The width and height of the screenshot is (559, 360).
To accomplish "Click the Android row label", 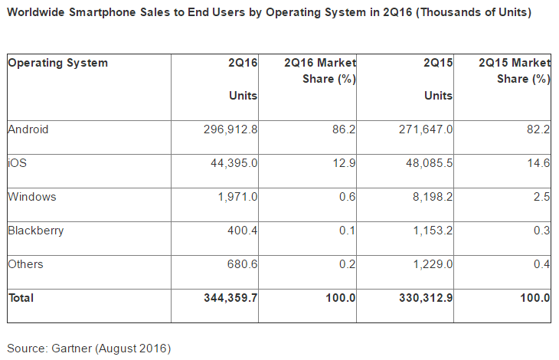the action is tap(28, 129).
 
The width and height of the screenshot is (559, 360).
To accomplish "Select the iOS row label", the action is tap(17, 163).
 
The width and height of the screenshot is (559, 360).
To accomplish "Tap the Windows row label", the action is tap(32, 197).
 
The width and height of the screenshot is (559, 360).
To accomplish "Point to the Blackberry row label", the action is tap(36, 231).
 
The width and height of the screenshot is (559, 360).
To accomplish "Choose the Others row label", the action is tap(26, 264).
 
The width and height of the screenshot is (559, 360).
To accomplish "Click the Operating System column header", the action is tap(57, 63).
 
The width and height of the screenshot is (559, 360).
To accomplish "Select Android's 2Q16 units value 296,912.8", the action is tap(230, 129).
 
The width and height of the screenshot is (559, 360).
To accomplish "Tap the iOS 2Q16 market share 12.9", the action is tap(344, 163).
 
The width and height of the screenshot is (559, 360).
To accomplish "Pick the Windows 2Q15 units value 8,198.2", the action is tap(433, 197).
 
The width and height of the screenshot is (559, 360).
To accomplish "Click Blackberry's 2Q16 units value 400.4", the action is tap(243, 231).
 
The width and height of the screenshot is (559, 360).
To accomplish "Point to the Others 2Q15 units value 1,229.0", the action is tap(433, 264).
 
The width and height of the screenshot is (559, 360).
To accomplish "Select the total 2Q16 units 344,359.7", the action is tap(230, 298).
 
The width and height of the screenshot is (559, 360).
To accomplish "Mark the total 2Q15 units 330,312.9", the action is tap(426, 298).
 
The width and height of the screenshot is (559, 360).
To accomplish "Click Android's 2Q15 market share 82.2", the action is tap(538, 129).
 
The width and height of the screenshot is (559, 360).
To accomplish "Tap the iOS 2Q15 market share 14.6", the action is tap(538, 163).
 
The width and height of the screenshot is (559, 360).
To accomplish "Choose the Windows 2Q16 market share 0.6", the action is tap(347, 197).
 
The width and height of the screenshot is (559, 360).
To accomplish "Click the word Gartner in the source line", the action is tap(71, 348).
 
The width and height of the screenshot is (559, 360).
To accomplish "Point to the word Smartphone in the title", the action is tap(103, 12).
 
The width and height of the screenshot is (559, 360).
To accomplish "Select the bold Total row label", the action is tap(21, 298).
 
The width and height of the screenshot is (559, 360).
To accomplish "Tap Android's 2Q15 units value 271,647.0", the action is tap(426, 129).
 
